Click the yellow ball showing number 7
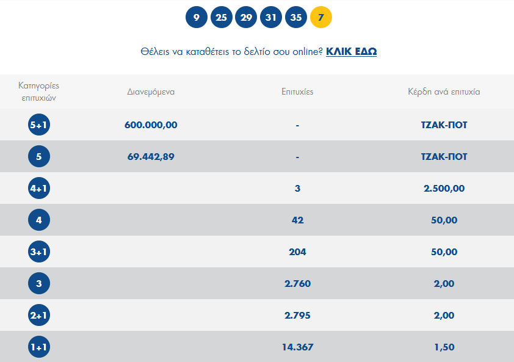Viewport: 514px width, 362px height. (x=321, y=17)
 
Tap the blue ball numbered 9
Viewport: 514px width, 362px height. (x=196, y=17)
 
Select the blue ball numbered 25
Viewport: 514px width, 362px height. (x=221, y=17)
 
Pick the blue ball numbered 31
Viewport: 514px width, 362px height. (x=271, y=17)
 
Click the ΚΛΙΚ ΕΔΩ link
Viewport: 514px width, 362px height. (x=351, y=51)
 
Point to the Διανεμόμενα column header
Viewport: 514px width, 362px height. (x=151, y=92)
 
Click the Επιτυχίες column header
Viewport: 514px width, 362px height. (x=297, y=92)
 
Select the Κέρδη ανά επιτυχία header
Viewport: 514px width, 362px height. (x=444, y=92)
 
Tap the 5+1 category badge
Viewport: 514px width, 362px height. (x=39, y=125)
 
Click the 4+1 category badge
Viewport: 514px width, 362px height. (x=39, y=189)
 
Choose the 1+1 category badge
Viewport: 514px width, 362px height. (x=39, y=347)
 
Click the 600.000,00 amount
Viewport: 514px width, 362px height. (x=151, y=125)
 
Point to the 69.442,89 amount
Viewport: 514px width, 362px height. (x=151, y=157)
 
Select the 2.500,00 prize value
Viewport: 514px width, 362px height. (x=444, y=189)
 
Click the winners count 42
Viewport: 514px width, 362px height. (x=297, y=220)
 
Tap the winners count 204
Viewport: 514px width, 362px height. (x=297, y=252)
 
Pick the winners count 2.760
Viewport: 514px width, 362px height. (x=297, y=284)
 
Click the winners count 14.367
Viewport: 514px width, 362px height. (x=297, y=347)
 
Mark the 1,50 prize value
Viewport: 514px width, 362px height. (x=444, y=347)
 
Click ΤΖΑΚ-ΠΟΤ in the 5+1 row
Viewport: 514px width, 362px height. (x=444, y=125)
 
